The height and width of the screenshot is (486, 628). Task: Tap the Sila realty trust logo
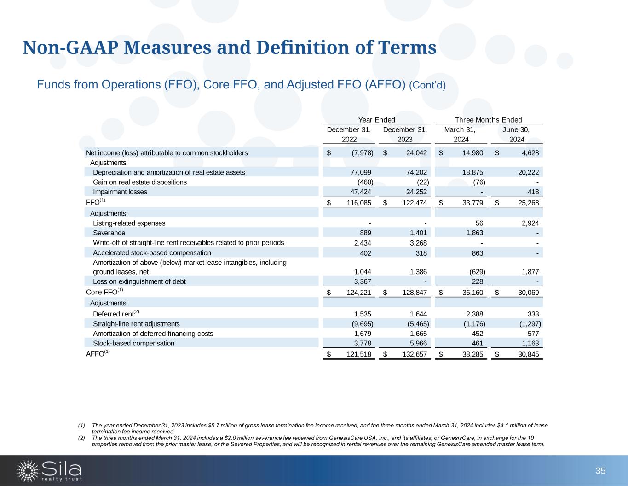click(49, 470)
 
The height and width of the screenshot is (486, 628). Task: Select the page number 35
click(600, 471)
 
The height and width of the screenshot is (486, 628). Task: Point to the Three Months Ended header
click(488, 120)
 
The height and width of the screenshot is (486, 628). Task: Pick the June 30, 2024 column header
click(517, 134)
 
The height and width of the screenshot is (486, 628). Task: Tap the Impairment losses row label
click(120, 192)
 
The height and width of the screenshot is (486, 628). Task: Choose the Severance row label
click(109, 233)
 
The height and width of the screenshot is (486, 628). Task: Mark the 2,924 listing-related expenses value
click(529, 223)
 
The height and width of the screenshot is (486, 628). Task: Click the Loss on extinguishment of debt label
click(139, 281)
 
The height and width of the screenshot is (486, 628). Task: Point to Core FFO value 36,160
click(472, 293)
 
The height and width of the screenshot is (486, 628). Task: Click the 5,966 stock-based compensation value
click(417, 343)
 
